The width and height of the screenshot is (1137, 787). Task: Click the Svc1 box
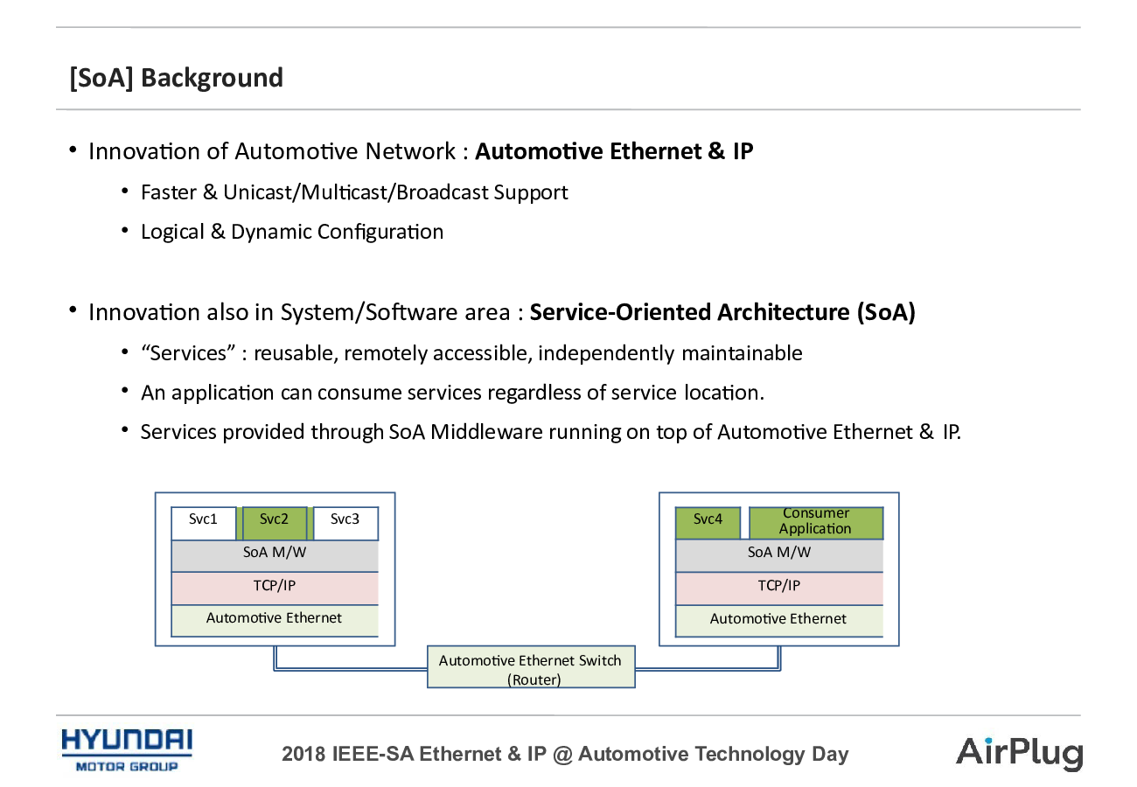204,523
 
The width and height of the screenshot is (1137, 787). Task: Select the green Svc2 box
274,523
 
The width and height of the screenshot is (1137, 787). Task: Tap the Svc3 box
345,523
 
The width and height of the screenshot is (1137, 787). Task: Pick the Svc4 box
708,523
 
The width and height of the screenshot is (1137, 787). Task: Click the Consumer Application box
816,523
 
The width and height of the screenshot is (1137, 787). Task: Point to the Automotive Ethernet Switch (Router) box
531,666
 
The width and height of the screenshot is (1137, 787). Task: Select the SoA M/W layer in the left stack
275,556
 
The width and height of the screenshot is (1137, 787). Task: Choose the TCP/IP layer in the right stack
779,589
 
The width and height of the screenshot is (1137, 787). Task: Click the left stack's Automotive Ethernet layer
275,621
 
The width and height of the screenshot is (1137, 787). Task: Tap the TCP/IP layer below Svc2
275,589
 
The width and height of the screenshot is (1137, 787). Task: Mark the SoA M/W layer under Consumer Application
779,556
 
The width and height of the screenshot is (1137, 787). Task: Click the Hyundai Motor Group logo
127,750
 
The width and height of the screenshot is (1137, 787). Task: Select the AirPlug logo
1019,754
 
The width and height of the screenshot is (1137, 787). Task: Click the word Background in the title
212,78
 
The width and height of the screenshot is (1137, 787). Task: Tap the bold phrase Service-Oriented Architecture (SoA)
722,312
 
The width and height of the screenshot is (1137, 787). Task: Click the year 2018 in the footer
303,754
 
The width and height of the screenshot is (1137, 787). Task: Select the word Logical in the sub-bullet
172,233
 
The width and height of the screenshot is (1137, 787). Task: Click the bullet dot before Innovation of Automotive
73,150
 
